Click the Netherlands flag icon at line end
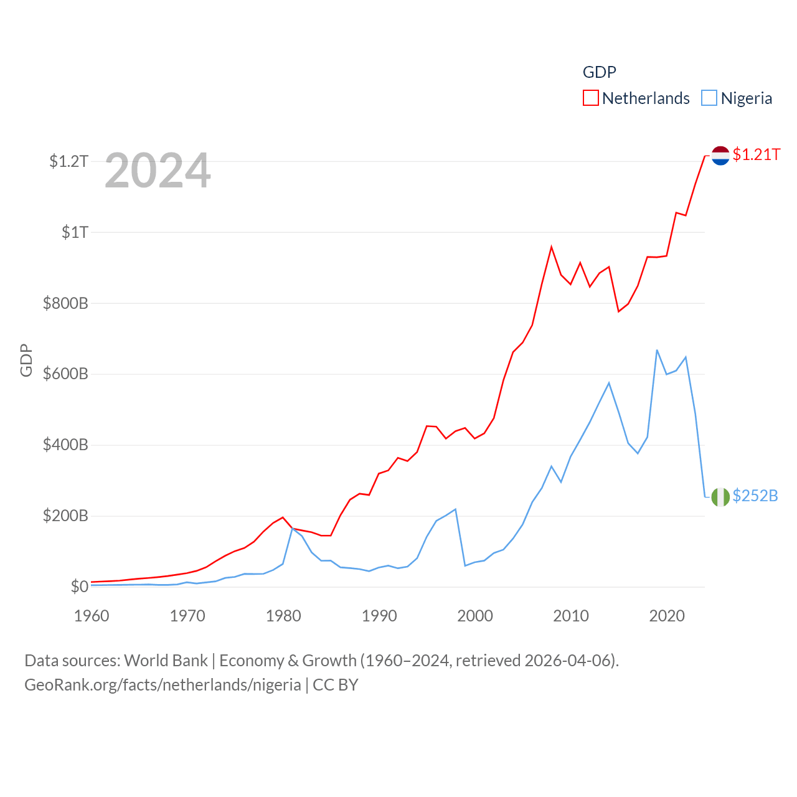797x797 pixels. (720, 156)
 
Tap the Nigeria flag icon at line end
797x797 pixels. (720, 497)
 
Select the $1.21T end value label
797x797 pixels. (757, 154)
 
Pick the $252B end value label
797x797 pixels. (755, 496)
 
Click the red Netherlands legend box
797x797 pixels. (590, 98)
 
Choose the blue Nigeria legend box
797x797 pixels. (709, 98)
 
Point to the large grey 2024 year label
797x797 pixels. (158, 171)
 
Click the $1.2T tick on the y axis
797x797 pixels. (69, 162)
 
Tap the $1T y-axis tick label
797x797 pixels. (75, 233)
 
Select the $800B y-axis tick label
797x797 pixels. (65, 304)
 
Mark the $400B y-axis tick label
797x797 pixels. (65, 445)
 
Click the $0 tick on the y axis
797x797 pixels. (79, 587)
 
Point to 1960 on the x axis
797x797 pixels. (92, 616)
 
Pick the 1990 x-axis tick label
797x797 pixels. (379, 616)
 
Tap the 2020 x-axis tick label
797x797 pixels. (667, 616)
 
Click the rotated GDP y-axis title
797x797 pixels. (26, 360)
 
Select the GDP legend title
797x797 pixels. (599, 72)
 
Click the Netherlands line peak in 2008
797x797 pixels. (551, 247)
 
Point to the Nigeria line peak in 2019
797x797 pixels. (657, 350)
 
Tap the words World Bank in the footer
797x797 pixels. (166, 661)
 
